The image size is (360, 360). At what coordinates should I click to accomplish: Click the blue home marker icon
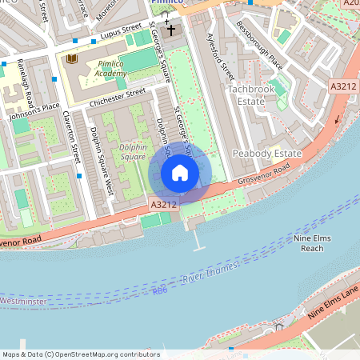(x=180, y=173)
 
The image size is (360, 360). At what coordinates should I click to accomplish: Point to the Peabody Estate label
(x=266, y=154)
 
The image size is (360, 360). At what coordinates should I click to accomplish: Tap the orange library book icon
(x=72, y=58)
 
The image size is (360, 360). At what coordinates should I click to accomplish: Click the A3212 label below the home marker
(x=164, y=205)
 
